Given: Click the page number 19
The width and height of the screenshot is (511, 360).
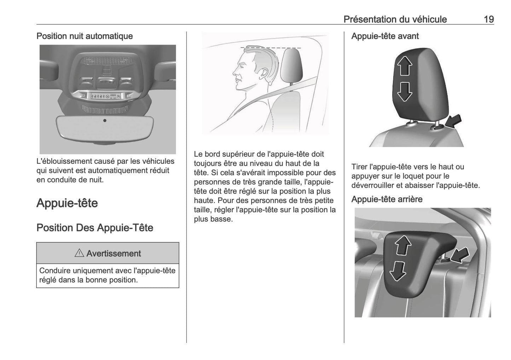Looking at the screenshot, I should click(x=488, y=19).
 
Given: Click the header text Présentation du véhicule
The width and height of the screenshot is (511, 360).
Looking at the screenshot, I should click(x=395, y=19).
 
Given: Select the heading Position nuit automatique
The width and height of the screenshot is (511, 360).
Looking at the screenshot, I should click(x=85, y=36).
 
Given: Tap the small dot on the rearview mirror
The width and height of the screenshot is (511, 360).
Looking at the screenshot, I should click(x=105, y=121).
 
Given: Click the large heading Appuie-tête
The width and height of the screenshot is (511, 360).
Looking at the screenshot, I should click(x=67, y=203).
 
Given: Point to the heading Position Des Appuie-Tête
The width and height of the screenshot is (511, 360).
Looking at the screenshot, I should click(x=95, y=227).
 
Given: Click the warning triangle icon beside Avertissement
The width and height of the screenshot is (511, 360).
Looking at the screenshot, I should click(x=79, y=253).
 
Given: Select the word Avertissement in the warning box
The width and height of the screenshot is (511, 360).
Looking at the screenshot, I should click(x=114, y=254).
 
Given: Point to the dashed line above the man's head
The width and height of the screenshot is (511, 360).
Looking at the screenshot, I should click(x=271, y=47).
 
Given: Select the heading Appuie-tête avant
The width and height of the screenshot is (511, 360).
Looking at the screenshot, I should click(x=385, y=36).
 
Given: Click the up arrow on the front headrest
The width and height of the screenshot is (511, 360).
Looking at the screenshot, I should click(x=405, y=66).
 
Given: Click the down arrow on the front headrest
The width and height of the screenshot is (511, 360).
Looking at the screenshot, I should click(x=405, y=92).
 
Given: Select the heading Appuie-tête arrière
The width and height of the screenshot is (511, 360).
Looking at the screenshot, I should click(x=387, y=199).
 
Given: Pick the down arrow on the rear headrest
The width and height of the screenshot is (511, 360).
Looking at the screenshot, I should click(x=398, y=271).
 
